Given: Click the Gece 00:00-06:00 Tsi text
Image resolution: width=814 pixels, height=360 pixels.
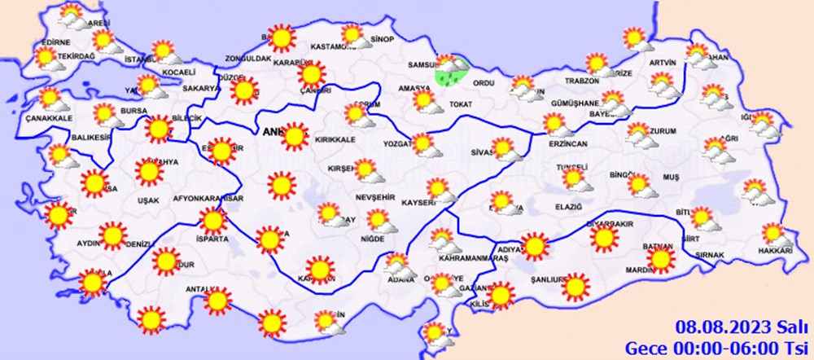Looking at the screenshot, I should point(715,347).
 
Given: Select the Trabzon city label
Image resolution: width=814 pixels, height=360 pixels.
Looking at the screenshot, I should point(582,81).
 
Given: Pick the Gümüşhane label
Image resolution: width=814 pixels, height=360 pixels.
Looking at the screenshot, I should point(575,103).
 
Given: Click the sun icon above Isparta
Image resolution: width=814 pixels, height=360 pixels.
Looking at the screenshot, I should point(213,221).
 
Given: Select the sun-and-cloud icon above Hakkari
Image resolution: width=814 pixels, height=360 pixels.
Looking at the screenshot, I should point(775,235).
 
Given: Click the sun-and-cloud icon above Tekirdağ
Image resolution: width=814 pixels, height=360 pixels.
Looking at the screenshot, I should point(46,58).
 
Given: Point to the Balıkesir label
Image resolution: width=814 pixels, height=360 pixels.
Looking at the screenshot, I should point(91,138).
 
